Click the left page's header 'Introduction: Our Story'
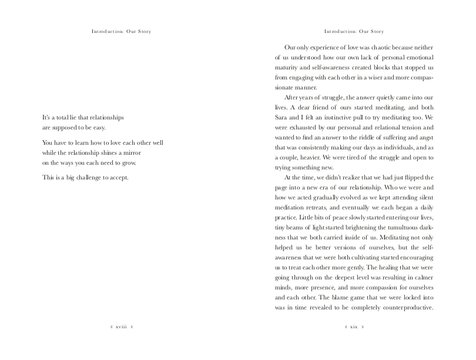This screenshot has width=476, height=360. (x=121, y=31)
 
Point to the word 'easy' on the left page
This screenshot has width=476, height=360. (x=97, y=127)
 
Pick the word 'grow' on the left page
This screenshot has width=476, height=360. (x=135, y=162)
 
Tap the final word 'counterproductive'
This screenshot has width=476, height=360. (x=405, y=306)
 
